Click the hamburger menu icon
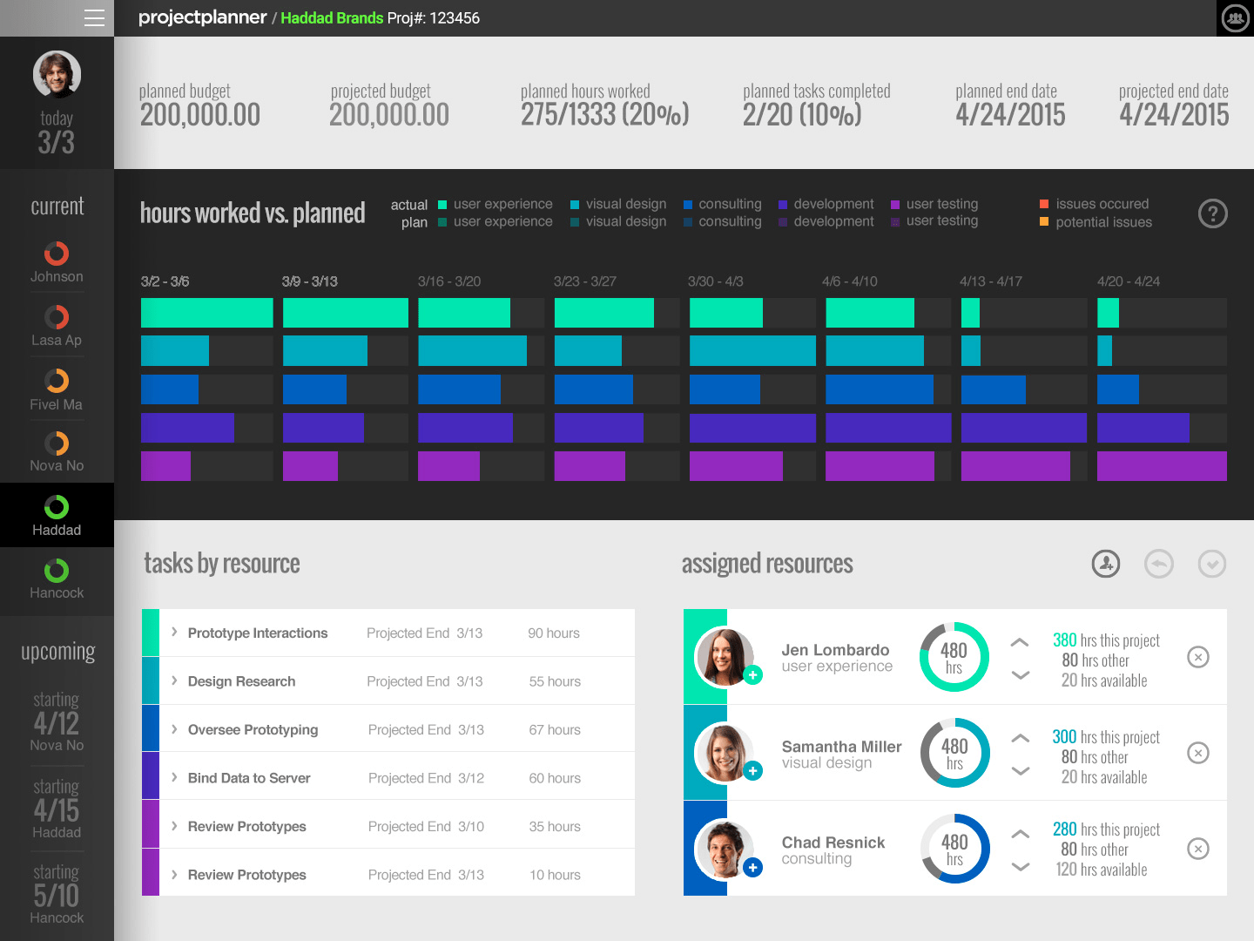(x=94, y=17)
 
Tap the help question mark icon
(x=1212, y=213)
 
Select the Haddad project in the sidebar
(x=57, y=515)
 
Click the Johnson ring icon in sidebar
(x=57, y=254)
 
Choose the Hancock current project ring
(x=57, y=571)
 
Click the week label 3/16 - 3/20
(x=449, y=281)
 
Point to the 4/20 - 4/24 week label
(x=1129, y=281)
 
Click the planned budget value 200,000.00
(x=200, y=115)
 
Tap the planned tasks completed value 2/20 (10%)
(x=802, y=115)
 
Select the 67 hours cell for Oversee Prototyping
(x=555, y=730)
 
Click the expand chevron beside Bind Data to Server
(x=174, y=777)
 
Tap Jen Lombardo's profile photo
(x=723, y=655)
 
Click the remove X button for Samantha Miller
(x=1198, y=753)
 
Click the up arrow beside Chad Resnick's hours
(x=1020, y=834)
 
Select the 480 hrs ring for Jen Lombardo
(x=954, y=657)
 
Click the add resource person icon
(x=1106, y=564)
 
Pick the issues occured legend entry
(x=1102, y=204)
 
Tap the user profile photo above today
(x=57, y=74)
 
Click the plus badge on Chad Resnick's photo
(x=753, y=867)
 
